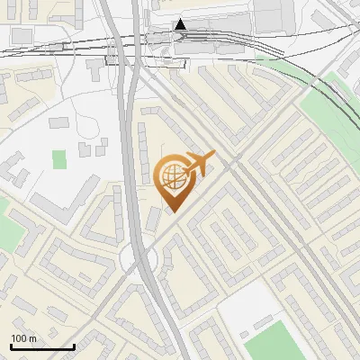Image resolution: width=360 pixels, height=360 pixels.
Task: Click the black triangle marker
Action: click(181, 24)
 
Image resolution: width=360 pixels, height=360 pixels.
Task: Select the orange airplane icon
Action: click(198, 166)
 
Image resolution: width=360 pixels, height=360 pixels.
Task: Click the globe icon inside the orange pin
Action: click(172, 177)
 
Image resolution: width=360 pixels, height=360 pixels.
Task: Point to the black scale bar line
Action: click(42, 346)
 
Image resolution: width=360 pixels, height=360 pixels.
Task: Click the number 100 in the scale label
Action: click(20, 337)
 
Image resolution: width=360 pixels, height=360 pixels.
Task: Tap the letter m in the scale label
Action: click(32, 337)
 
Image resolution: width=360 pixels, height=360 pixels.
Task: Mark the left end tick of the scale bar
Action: click(11, 346)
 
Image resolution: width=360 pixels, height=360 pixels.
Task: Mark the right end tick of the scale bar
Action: click(74, 346)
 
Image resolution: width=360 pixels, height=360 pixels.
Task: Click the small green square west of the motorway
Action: click(59, 159)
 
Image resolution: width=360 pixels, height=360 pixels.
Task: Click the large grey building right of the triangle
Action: click(261, 15)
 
